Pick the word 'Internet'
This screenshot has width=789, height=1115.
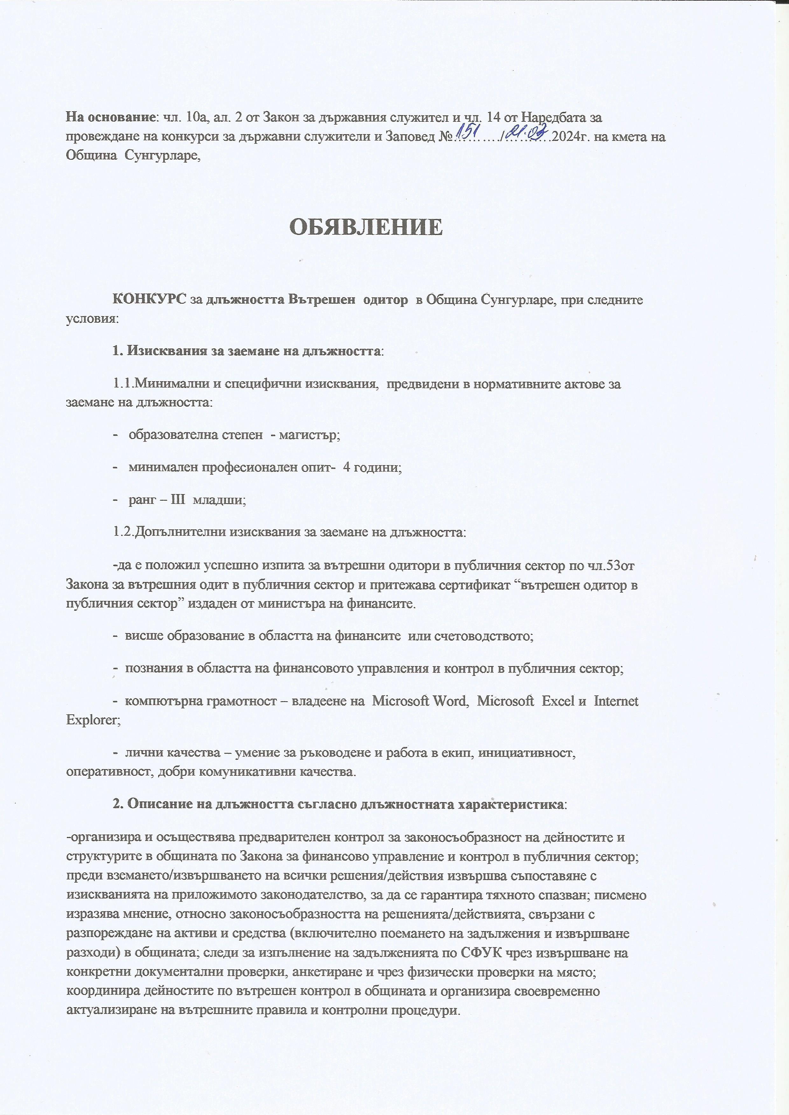pyautogui.click(x=616, y=701)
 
